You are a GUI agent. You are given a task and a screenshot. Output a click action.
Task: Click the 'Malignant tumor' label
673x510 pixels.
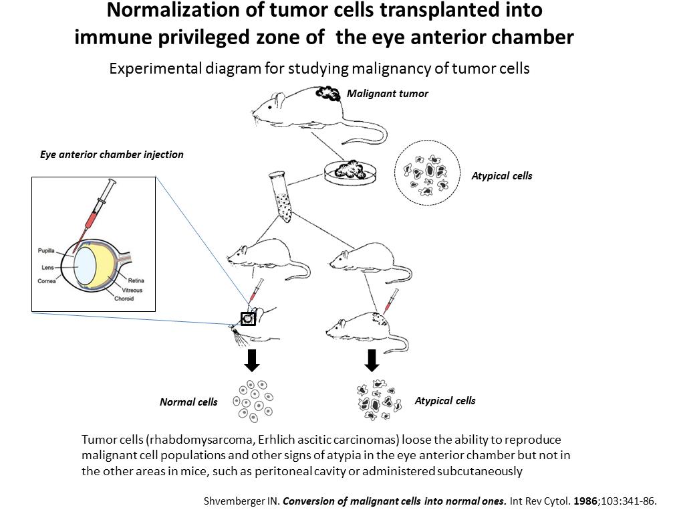[x=387, y=94]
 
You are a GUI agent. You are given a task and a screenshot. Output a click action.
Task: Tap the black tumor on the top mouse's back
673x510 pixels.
[x=328, y=94]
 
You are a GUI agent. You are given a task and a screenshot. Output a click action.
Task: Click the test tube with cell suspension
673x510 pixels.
[x=281, y=197]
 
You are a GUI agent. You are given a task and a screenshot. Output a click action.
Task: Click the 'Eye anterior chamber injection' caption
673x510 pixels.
[x=112, y=154]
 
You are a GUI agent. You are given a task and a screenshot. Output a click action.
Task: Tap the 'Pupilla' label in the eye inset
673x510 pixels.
[x=46, y=250]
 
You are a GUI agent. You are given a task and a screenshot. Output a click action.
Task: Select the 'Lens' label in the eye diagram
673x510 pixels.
[x=47, y=267]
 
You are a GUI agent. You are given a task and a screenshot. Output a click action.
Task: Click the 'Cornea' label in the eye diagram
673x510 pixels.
[x=46, y=281]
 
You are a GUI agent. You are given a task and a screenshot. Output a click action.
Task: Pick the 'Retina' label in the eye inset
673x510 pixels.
[x=136, y=280]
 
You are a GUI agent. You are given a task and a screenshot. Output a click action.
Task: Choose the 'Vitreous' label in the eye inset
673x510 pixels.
[x=132, y=290]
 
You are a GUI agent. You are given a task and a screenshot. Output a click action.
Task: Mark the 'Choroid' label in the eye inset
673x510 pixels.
[x=124, y=299]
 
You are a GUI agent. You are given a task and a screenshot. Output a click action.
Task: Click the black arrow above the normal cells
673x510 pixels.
[x=252, y=360]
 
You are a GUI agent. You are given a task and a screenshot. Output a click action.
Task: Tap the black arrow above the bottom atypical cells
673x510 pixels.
[x=372, y=360]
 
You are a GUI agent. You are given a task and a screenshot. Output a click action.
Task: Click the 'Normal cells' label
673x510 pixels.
[x=188, y=402]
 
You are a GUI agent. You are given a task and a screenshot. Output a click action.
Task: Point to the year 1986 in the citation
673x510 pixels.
[x=585, y=501]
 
